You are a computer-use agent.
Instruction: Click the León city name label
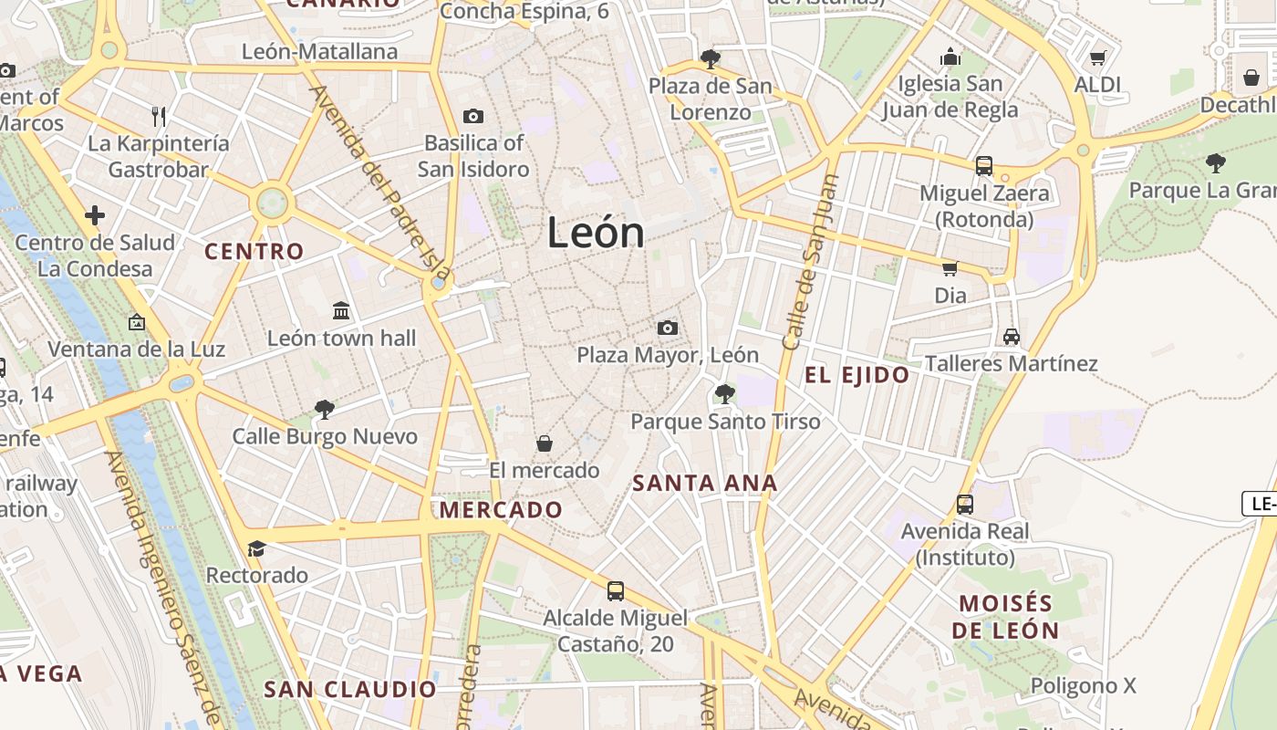596,233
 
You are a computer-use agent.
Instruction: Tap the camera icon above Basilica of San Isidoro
472,116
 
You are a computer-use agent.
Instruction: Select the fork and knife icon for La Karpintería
159,116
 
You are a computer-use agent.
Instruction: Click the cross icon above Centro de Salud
95,216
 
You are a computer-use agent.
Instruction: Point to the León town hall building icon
341,311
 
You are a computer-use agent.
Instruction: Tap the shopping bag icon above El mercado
545,443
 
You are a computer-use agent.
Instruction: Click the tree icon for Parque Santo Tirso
725,394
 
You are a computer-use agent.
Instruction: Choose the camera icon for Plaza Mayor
668,328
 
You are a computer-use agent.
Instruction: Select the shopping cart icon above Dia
950,268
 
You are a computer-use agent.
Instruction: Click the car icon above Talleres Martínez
1011,336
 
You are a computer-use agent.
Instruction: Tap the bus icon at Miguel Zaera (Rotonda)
983,166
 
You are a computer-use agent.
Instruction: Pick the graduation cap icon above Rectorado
256,548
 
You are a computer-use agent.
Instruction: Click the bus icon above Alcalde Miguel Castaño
616,590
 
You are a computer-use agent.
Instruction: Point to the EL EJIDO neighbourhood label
857,375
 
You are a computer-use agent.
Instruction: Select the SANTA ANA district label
705,484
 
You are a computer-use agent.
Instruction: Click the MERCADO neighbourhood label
501,510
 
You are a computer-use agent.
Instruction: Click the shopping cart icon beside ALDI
1098,57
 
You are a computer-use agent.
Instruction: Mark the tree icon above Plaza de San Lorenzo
710,59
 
